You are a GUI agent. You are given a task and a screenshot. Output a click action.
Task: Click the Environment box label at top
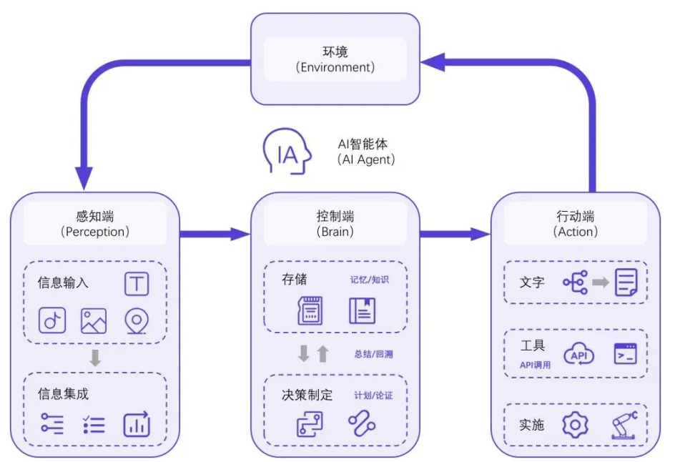(335, 59)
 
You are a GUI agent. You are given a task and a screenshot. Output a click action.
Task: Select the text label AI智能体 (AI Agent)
(365, 152)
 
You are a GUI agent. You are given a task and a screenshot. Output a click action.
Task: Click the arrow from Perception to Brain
(215, 233)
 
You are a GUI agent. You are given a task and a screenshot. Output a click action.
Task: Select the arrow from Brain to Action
(455, 233)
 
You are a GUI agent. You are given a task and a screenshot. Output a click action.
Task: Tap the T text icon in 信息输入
(137, 283)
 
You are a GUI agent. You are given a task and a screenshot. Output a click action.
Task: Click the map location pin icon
(136, 320)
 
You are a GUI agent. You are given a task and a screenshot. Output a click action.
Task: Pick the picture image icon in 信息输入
(94, 320)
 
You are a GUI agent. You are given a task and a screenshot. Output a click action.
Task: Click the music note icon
(51, 320)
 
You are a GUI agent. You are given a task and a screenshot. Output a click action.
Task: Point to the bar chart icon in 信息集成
(136, 424)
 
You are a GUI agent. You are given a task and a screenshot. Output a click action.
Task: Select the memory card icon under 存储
(310, 310)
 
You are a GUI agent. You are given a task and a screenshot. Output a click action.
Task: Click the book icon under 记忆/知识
(362, 310)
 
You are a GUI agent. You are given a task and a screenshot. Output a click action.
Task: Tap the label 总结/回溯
(373, 353)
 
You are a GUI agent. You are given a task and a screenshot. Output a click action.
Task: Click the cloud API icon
(578, 354)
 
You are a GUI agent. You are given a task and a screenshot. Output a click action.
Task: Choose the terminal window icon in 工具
(625, 354)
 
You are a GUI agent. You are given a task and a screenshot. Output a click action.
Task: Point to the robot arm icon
(624, 425)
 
